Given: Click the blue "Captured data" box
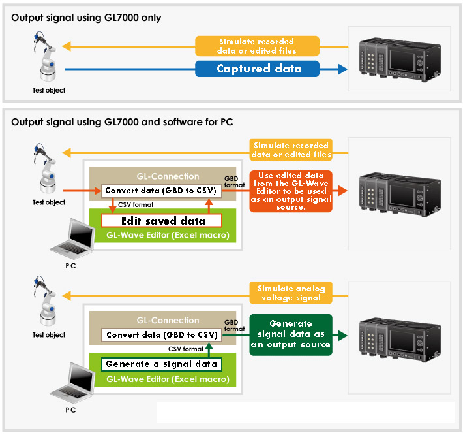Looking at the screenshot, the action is coord(257,69).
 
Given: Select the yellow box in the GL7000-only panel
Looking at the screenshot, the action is coord(257,46).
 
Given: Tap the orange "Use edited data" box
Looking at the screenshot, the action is coord(291,191).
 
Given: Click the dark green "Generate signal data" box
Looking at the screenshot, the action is coord(291,335).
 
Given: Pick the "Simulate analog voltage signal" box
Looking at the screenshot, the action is coord(291,293).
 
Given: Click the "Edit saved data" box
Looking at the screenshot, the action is coord(162,221).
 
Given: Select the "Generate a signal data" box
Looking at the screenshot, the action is coord(162,364).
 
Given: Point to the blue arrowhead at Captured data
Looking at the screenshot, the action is coord(343,69).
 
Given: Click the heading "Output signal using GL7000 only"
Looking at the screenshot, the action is coord(86,18).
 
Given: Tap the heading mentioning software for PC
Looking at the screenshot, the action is coord(122,122).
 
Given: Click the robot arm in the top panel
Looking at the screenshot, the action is coord(45,56).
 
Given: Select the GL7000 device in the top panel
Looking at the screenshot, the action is coord(400,59).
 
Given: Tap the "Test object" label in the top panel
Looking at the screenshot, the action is coord(49,90).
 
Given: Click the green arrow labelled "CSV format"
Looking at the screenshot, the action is coord(209,350).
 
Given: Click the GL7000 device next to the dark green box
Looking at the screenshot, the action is coord(400,340).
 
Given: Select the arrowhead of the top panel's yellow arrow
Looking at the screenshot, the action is coord(67,46).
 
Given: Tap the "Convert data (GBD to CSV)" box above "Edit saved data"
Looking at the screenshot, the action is coord(162,191).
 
